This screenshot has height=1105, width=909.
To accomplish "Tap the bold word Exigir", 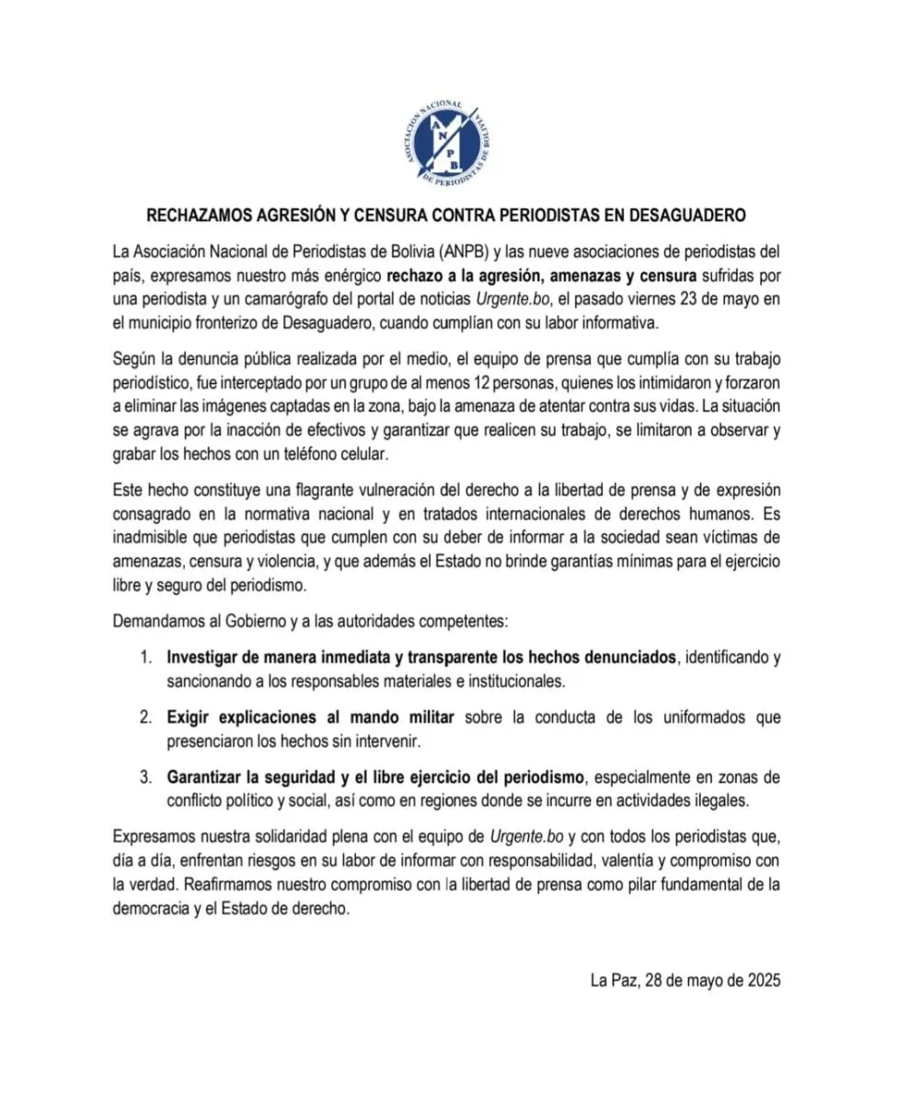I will click(x=190, y=716).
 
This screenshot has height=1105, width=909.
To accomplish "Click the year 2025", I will click(x=761, y=981).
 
